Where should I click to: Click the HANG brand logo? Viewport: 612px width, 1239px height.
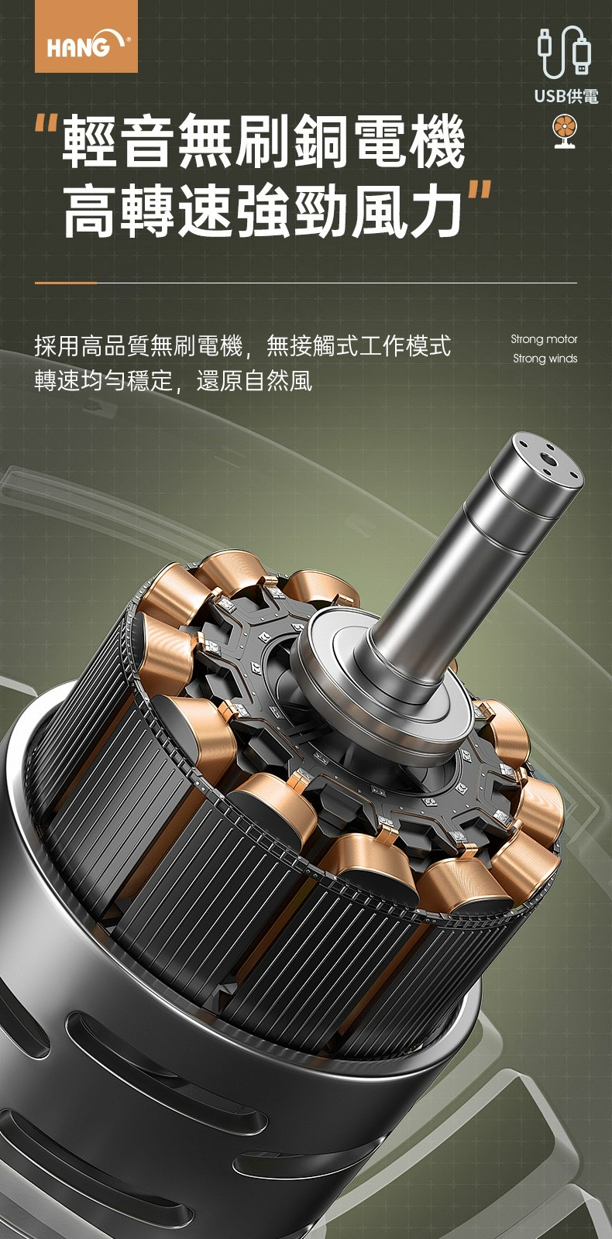tap(86, 36)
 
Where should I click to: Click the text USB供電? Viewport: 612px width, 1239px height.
tap(566, 97)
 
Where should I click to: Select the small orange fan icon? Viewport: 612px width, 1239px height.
tap(565, 132)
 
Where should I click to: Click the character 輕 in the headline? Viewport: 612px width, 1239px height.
tap(91, 141)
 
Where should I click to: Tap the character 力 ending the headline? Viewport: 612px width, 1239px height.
tap(436, 210)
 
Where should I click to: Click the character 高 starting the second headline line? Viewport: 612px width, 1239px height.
tap(91, 210)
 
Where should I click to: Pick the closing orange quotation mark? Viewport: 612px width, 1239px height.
tap(480, 190)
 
